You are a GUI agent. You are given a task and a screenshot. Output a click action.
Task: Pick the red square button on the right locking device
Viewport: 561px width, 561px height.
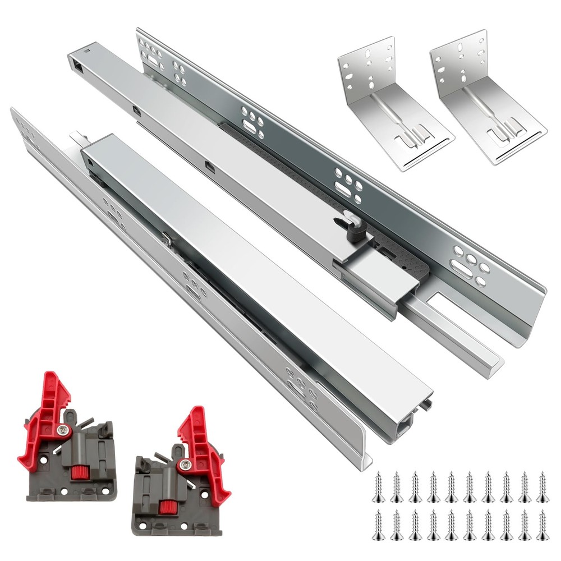[165, 508]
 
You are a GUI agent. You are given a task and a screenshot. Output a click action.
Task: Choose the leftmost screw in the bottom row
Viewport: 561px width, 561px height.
[378, 524]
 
